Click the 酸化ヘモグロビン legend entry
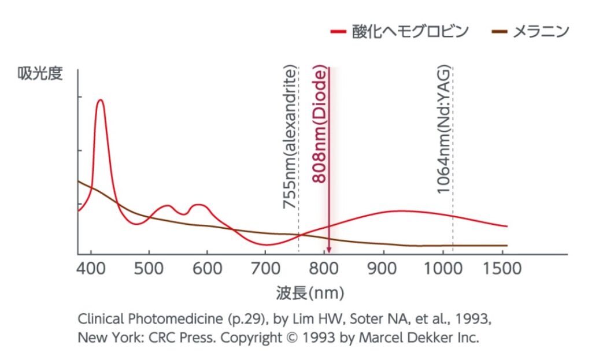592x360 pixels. (x=410, y=31)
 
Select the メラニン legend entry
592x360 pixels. (x=541, y=31)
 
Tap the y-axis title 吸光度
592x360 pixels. (x=40, y=75)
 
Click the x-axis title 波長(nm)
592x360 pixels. (x=310, y=293)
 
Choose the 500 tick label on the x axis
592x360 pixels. (x=149, y=269)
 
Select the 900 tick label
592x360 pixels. (x=383, y=269)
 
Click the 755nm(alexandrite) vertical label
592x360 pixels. (x=290, y=138)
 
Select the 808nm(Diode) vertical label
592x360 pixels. (x=320, y=125)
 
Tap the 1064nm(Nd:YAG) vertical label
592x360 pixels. (x=444, y=130)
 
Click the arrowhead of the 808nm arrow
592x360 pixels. (x=328, y=249)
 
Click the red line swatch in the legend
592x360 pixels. (x=338, y=31)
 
